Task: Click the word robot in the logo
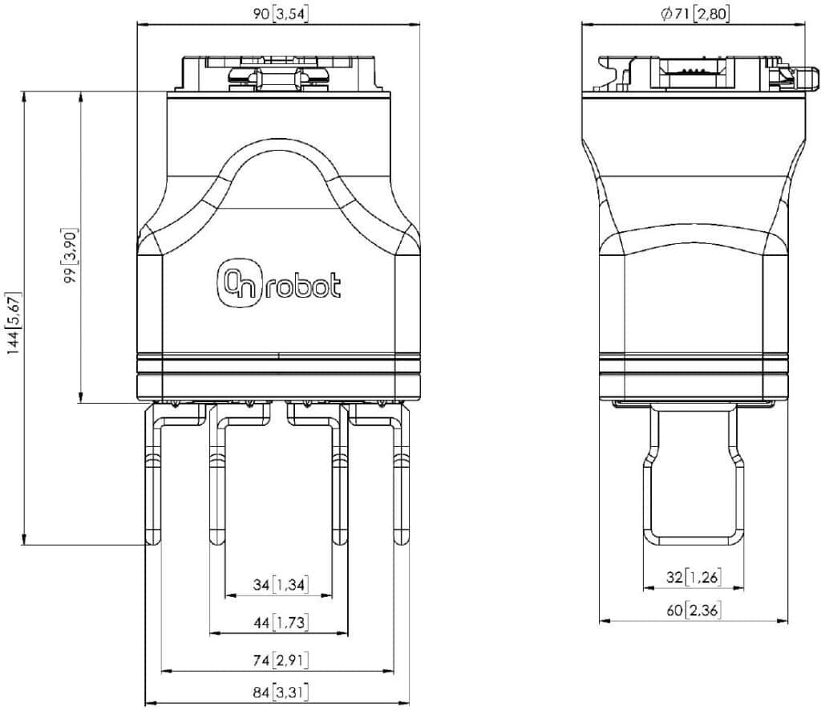(304, 287)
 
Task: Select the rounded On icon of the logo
(238, 283)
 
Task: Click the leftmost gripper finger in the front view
(154, 473)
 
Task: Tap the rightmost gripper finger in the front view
(400, 473)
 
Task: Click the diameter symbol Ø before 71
(666, 14)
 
